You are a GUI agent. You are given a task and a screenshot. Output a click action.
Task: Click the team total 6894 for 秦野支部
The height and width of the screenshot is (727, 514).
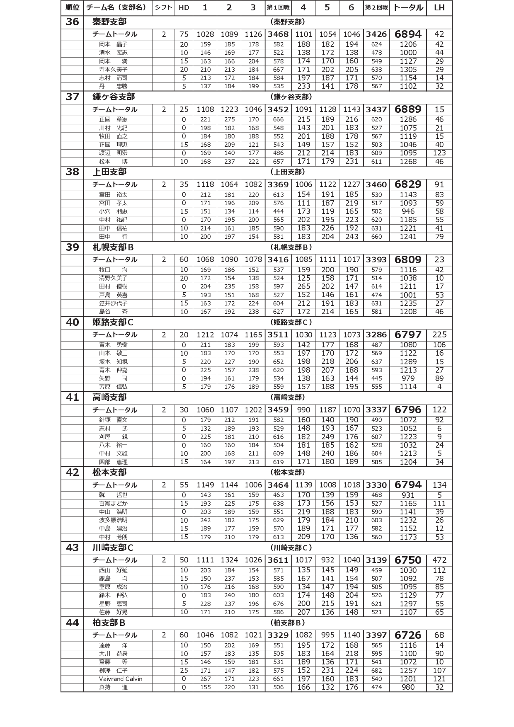[x=408, y=34]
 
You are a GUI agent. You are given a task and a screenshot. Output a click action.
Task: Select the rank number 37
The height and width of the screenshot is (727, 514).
[x=72, y=97]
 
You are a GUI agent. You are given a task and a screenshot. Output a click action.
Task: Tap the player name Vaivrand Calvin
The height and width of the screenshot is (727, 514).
[x=120, y=679]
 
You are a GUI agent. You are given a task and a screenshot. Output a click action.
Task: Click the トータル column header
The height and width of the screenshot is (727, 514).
[x=408, y=7]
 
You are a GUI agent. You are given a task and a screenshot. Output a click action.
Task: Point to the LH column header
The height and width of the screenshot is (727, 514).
[x=439, y=7]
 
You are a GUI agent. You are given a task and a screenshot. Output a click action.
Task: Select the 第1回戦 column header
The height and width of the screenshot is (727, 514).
[x=278, y=7]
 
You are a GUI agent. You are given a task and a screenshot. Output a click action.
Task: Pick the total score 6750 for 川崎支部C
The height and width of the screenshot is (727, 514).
[x=408, y=560]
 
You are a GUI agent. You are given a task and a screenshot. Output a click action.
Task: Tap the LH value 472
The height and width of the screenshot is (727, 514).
[x=439, y=560]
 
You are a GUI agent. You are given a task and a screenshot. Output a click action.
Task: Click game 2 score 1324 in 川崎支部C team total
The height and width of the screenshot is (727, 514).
[x=229, y=560]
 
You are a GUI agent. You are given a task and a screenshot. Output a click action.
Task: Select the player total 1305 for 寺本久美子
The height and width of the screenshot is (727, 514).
[x=408, y=70]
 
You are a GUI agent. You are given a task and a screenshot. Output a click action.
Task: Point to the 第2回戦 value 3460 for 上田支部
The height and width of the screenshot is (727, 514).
[x=376, y=184]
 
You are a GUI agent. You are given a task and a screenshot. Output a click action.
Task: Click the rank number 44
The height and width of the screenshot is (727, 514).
[x=72, y=623]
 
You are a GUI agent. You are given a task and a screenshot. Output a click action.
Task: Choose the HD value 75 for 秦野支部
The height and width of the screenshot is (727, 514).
[x=184, y=34]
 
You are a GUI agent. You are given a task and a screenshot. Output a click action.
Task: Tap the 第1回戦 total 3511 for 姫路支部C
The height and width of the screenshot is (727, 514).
[x=278, y=334]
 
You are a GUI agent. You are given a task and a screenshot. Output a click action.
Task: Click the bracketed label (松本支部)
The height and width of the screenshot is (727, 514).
[x=288, y=472]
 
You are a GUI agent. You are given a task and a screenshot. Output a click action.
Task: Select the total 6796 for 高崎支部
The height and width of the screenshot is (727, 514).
[x=408, y=410]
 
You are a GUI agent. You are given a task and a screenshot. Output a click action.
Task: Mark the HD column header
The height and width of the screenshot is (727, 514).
[x=184, y=7]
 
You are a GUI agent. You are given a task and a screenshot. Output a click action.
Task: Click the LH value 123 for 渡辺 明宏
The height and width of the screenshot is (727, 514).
[x=439, y=153]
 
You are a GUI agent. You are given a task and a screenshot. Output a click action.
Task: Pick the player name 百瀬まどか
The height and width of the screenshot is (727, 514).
[x=113, y=504]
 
